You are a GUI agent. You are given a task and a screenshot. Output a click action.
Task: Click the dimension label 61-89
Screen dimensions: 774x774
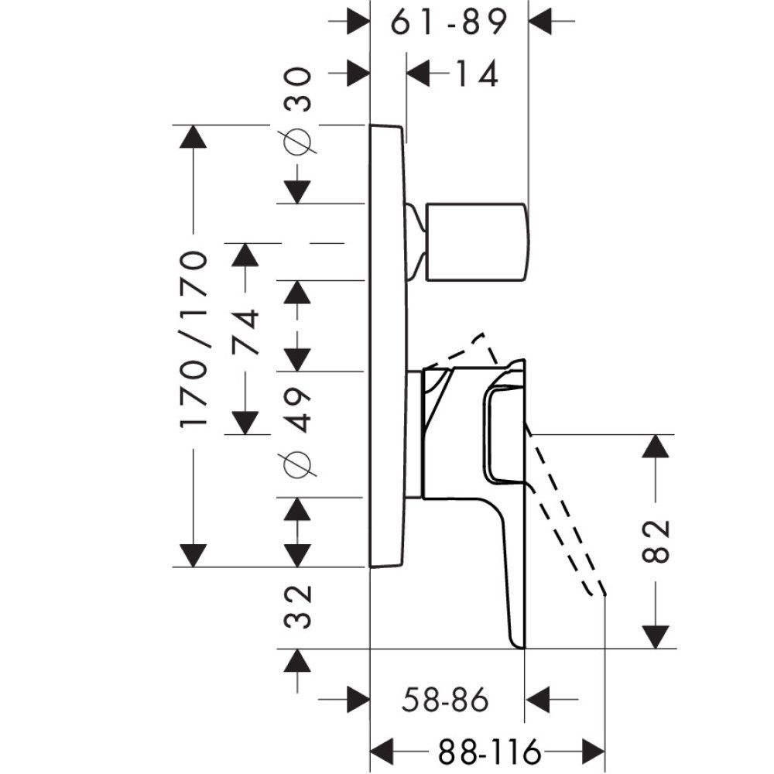(x=448, y=23)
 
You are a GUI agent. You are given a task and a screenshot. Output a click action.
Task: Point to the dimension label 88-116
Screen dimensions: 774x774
(x=488, y=751)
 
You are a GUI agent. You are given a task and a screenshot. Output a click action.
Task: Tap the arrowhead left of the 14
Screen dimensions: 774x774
(x=419, y=74)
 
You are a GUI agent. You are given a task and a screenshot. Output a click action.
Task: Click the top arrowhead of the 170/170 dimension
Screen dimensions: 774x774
(x=193, y=137)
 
